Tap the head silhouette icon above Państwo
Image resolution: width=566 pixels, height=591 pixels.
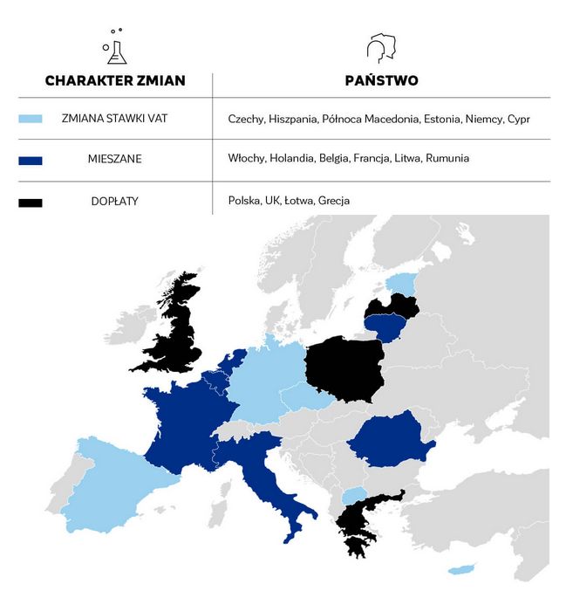click(x=379, y=48)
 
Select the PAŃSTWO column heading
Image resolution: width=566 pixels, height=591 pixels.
click(x=381, y=81)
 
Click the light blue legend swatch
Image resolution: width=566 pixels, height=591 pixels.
click(x=31, y=119)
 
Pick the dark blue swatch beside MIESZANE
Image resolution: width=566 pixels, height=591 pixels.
click(x=31, y=160)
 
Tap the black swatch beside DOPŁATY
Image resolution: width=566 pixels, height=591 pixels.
click(x=31, y=202)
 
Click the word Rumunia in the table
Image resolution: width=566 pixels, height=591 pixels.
click(x=448, y=159)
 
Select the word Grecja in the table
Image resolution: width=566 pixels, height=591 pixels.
click(x=334, y=201)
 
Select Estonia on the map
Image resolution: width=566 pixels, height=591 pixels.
click(x=402, y=282)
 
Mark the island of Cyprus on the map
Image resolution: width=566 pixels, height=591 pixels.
click(x=460, y=570)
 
